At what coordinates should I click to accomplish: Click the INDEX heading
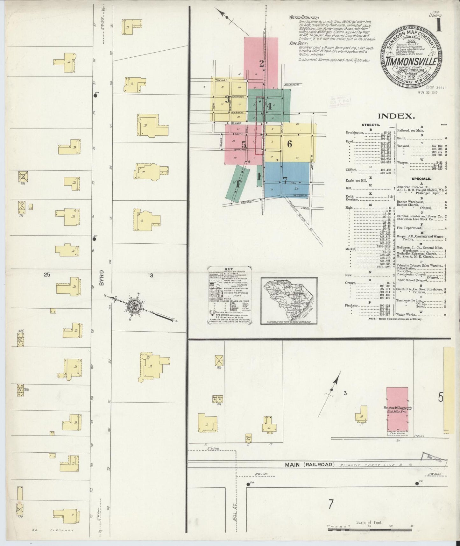tap(396, 116)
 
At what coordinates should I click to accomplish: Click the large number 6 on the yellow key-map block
tap(289, 144)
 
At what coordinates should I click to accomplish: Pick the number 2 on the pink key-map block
tap(261, 64)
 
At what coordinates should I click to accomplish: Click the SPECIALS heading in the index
tap(421, 179)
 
